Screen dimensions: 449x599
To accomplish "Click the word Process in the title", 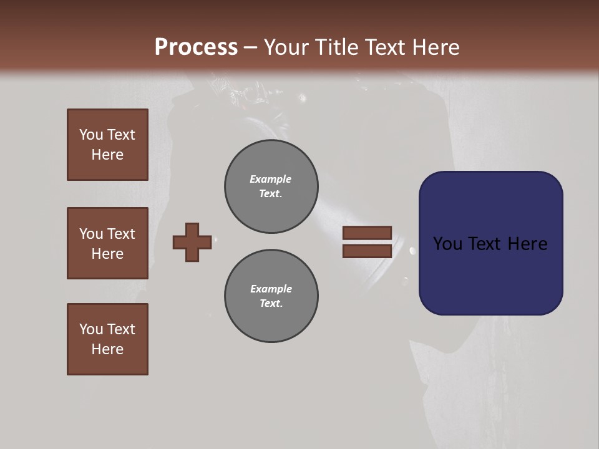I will click(x=196, y=47).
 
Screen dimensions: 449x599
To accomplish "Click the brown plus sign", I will click(x=192, y=242).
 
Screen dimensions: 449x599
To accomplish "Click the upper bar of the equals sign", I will click(x=367, y=233).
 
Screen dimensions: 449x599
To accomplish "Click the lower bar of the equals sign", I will click(x=367, y=251).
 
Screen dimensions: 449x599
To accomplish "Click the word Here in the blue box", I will click(x=527, y=243).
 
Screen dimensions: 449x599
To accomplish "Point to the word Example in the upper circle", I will click(x=270, y=179).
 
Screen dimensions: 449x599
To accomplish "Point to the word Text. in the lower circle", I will click(x=271, y=303).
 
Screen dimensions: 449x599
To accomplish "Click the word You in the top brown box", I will click(x=91, y=135).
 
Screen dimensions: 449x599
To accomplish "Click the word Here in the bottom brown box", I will click(x=107, y=349).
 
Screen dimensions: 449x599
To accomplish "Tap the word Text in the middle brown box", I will click(x=121, y=234).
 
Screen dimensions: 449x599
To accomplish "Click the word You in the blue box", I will click(x=447, y=243).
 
